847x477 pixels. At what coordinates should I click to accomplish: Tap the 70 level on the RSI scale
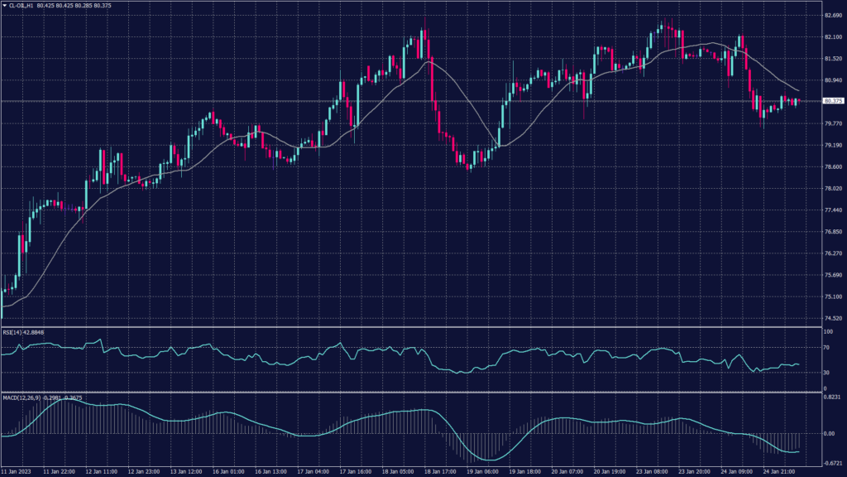click(825, 349)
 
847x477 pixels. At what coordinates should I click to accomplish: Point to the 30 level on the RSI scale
click(825, 372)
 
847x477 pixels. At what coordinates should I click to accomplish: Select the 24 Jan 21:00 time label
click(781, 470)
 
